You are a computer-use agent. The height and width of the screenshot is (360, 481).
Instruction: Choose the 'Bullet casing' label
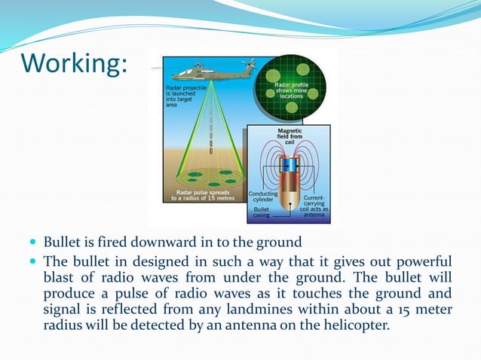tap(262, 213)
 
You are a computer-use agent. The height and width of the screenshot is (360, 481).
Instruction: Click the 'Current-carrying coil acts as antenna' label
tap(314, 207)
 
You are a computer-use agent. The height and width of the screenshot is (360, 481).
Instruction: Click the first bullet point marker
tap(32, 243)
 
